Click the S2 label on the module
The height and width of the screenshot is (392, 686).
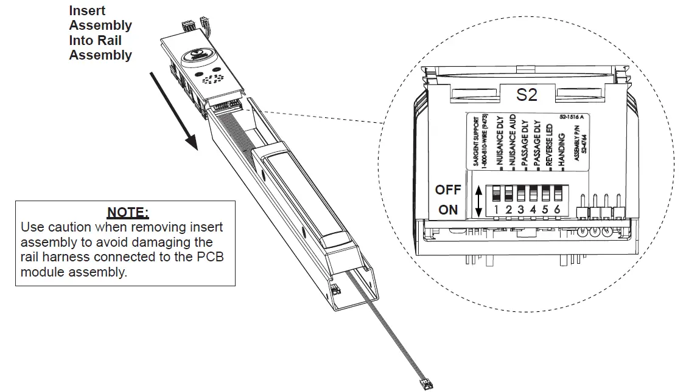pyautogui.click(x=527, y=95)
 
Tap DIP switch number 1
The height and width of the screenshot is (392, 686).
pyautogui.click(x=497, y=194)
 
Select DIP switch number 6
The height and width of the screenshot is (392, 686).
pyautogui.click(x=557, y=194)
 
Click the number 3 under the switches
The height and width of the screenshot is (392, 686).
pyautogui.click(x=521, y=210)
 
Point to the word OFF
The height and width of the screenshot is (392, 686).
pyautogui.click(x=448, y=190)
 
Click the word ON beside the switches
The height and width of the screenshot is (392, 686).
pyautogui.click(x=448, y=210)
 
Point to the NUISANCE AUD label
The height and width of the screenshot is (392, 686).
pyautogui.click(x=513, y=141)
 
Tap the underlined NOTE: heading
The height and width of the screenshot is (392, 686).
pyautogui.click(x=127, y=212)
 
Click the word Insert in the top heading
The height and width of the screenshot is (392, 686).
pyautogui.click(x=87, y=11)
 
